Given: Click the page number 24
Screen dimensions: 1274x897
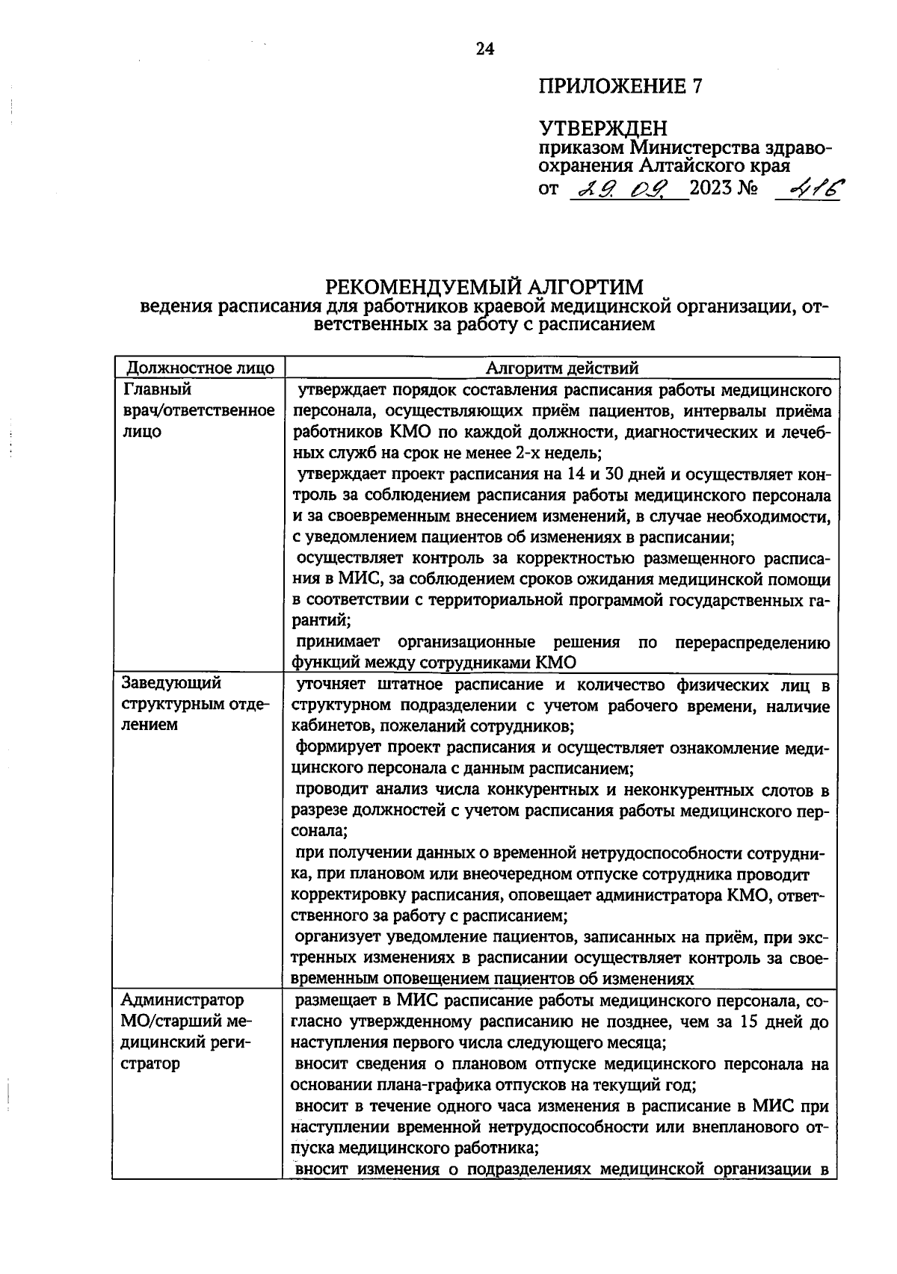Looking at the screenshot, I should coord(485,49).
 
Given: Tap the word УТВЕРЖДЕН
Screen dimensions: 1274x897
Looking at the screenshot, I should coord(602,129).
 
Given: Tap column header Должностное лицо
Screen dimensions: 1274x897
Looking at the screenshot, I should coord(200,368).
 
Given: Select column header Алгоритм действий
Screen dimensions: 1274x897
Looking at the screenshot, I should coord(562,368).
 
